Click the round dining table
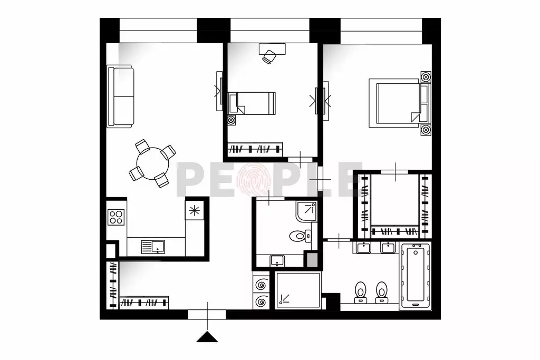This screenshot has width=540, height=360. tap(152, 163)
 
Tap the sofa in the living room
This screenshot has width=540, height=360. tap(120, 96)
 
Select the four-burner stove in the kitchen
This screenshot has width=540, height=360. tap(115, 217)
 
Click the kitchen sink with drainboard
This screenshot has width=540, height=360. tap(153, 247)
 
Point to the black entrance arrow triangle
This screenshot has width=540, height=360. tap(207, 337)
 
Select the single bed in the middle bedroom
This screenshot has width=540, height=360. tap(252, 103)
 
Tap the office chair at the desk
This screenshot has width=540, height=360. tap(269, 57)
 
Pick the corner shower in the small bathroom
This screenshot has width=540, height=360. tap(306, 211)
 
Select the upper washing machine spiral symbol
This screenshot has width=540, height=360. tap(261, 285)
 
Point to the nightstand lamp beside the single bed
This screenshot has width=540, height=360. tap(231, 120)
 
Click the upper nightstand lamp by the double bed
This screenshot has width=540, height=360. tap(426, 77)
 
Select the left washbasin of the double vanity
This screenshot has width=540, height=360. tap(363, 247)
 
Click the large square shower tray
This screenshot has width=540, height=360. tap(298, 290)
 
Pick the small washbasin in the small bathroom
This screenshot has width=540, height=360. tap(277, 260)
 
